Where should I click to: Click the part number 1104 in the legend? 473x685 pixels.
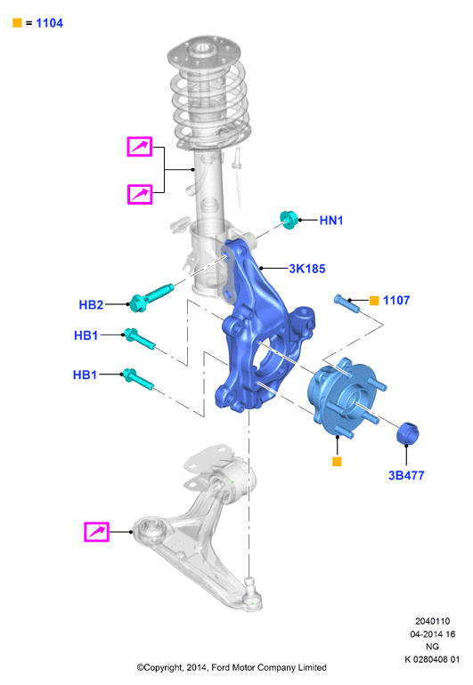[x=50, y=23]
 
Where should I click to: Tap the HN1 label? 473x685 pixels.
[x=331, y=221]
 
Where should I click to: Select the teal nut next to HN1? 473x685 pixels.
[x=289, y=220]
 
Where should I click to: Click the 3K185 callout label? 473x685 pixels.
[x=307, y=269]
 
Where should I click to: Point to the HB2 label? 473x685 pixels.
[x=91, y=305]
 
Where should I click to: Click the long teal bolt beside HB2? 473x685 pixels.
[x=151, y=298]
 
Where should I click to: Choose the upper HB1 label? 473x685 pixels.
[x=86, y=335]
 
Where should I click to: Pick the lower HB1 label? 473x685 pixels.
[x=85, y=375]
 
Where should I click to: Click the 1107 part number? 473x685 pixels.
[x=396, y=301]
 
